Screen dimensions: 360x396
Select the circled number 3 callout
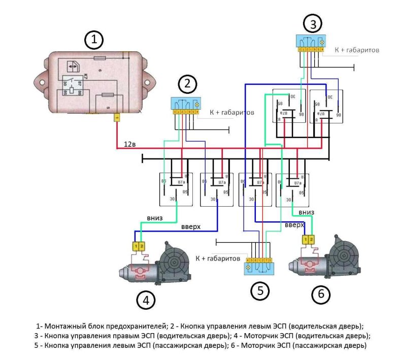click(313, 24)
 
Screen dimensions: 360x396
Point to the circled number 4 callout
click(146, 301)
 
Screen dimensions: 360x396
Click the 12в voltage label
click(129, 145)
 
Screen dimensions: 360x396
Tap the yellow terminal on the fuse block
click(117, 118)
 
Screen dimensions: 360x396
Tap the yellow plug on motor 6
click(308, 239)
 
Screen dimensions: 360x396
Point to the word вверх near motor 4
click(190, 227)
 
